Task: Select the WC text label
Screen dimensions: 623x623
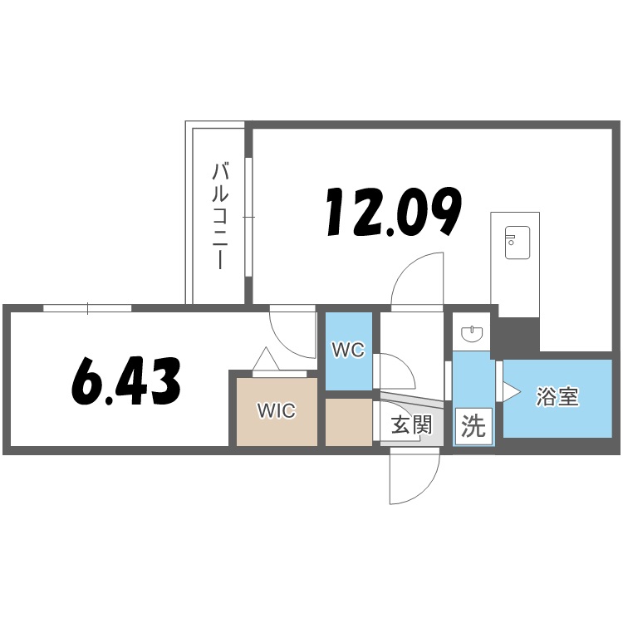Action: (x=348, y=351)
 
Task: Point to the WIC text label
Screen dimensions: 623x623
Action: (x=275, y=411)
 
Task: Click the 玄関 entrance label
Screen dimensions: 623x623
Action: (x=411, y=426)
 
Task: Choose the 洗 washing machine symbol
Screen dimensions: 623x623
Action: (x=473, y=427)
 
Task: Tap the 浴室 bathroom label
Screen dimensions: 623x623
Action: (x=557, y=397)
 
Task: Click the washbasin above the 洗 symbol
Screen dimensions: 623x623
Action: (x=473, y=334)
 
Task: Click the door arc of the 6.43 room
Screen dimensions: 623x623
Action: (x=292, y=336)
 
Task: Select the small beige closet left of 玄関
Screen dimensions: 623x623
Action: (x=348, y=423)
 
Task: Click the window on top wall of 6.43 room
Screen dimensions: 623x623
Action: (x=87, y=308)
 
